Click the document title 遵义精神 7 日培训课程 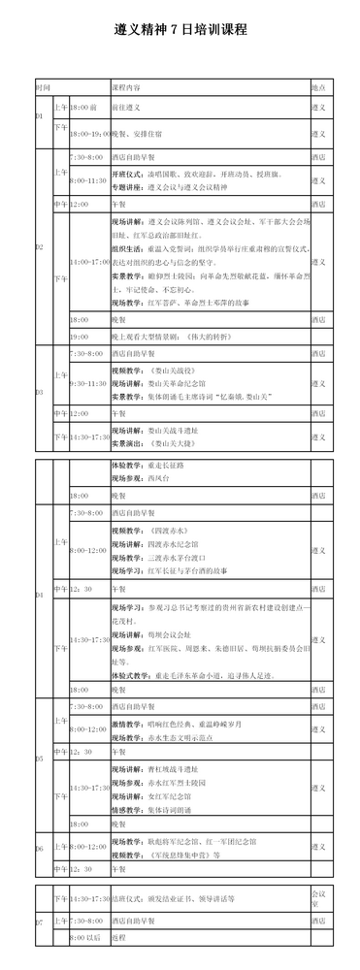pyautogui.click(x=180, y=30)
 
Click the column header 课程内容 pyautogui.click(x=127, y=86)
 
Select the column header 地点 pyautogui.click(x=316, y=86)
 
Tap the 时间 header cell pyautogui.click(x=43, y=86)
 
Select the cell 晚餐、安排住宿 pyautogui.click(x=136, y=132)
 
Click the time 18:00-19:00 pyautogui.click(x=88, y=132)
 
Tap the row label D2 pyautogui.click(x=40, y=246)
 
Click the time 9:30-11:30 pyautogui.click(x=87, y=383)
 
